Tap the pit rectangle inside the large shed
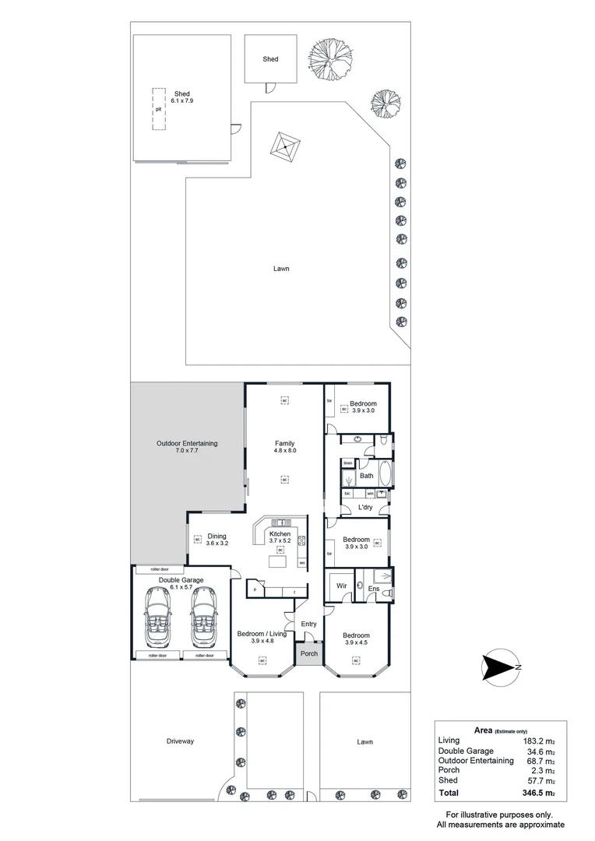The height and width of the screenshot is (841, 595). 158,109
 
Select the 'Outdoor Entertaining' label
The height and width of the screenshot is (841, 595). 187,443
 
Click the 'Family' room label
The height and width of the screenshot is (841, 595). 284,443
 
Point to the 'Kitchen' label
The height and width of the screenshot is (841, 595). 280,533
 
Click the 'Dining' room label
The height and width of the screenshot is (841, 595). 217,535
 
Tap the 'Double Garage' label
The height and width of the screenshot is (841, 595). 181,580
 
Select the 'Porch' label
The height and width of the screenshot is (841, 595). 309,653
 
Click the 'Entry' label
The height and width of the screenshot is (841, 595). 309,624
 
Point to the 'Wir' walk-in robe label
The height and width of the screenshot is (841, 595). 341,585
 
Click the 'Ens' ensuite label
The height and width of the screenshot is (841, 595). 373,589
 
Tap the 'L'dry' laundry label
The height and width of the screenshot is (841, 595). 364,508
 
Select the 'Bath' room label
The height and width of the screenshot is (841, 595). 367,475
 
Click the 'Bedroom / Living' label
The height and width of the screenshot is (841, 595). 262,634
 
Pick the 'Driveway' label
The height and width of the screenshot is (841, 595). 179,741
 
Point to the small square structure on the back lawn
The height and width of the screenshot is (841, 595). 286,145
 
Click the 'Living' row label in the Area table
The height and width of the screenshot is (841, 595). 449,741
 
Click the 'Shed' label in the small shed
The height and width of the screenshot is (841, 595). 270,59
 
